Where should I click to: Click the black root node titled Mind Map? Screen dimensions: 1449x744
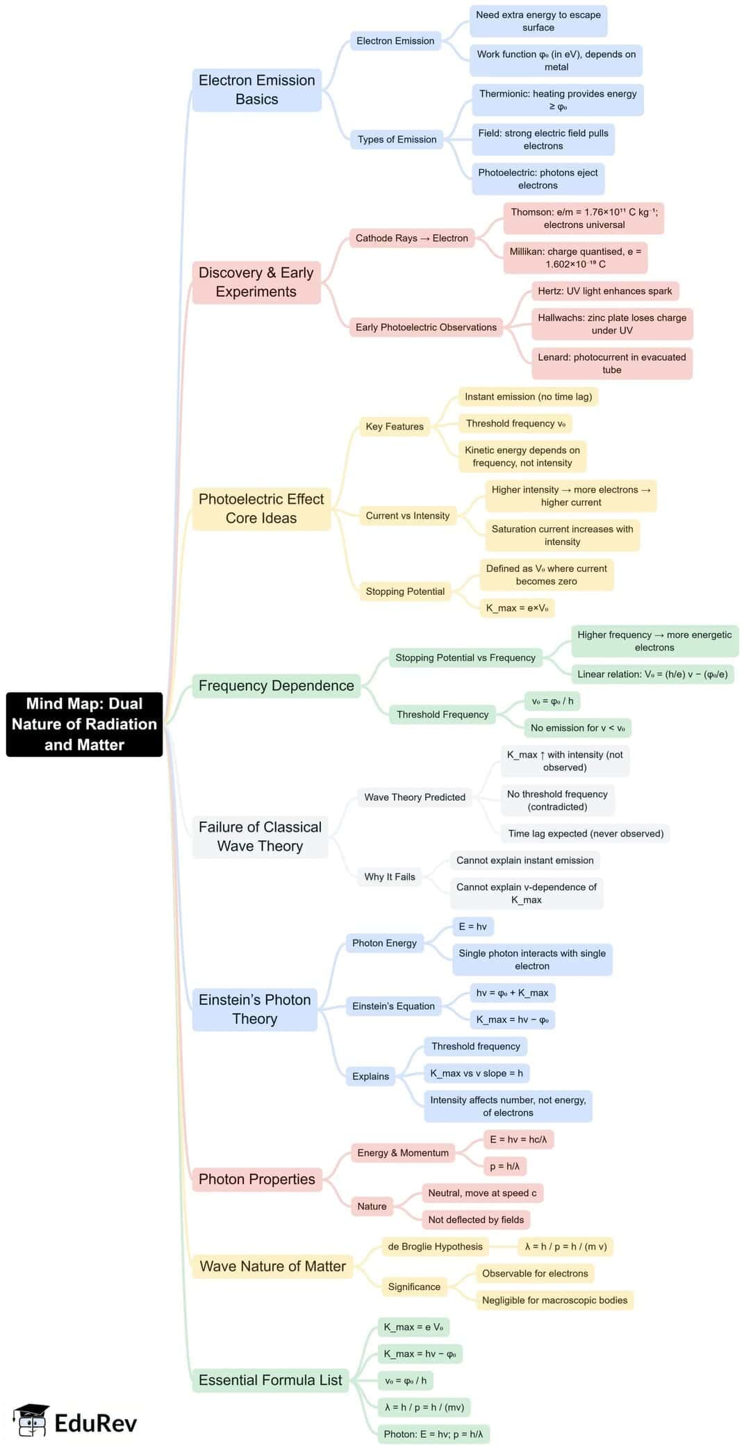coord(84,723)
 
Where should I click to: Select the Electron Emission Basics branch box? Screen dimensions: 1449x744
coord(256,90)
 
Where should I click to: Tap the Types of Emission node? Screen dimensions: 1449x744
coord(397,139)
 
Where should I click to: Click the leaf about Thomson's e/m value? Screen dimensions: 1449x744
coord(584,218)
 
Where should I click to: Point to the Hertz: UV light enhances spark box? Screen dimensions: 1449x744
coord(604,290)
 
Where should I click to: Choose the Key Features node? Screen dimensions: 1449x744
coord(394,426)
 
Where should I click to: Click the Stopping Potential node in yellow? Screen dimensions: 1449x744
coord(405,591)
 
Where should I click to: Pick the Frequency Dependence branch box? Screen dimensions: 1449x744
coord(276,685)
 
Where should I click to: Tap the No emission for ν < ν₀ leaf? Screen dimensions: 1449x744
coord(577,728)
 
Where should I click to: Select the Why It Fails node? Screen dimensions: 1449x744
coord(389,876)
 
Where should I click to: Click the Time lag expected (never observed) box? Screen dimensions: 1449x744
coord(585,833)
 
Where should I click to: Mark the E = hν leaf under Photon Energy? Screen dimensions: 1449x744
coord(472,926)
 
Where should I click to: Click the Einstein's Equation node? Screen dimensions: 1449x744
coord(393,1006)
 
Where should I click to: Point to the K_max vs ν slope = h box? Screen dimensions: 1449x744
coord(477,1073)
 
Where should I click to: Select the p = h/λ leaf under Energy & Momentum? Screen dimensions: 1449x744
coord(504,1166)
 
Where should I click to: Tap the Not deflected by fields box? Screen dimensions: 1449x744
coord(476,1220)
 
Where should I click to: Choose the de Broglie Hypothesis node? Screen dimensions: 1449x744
coord(435,1246)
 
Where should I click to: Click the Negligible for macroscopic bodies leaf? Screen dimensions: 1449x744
coord(554,1300)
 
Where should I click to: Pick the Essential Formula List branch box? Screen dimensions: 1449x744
coord(270,1380)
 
